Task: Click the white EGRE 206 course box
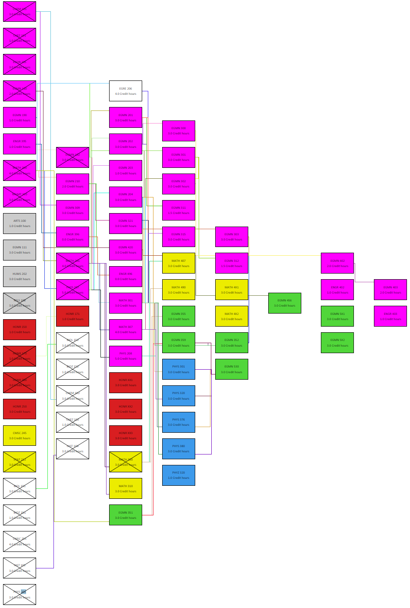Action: (126, 91)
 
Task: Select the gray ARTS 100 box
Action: (20, 224)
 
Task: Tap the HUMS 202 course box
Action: (20, 277)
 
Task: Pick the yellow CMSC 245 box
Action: (20, 435)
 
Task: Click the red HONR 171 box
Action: (73, 316)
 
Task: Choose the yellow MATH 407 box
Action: (179, 263)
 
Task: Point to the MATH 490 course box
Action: (179, 290)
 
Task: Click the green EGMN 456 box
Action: (285, 303)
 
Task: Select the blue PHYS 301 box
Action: (179, 369)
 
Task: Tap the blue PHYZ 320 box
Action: (179, 475)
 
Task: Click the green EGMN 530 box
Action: (232, 369)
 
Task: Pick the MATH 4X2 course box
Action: (232, 316)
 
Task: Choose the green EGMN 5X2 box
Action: (337, 343)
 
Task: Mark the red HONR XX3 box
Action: (126, 435)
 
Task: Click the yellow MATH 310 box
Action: (126, 488)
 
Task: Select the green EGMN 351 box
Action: (126, 515)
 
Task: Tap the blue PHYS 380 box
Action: (179, 449)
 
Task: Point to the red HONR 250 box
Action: (20, 409)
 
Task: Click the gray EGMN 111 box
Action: (20, 250)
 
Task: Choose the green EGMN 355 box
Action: (179, 316)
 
